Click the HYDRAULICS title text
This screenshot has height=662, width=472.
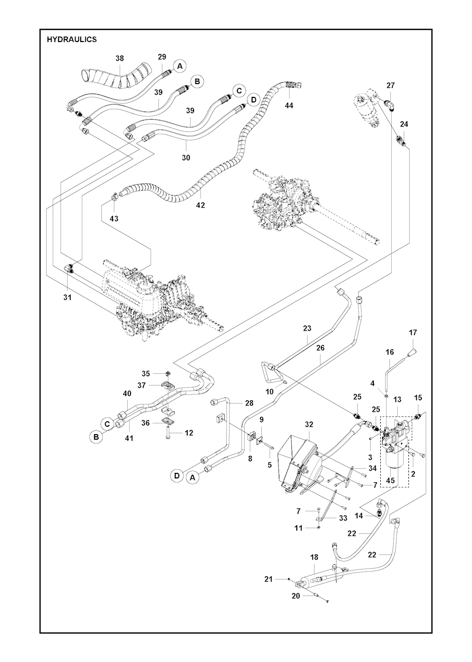point(71,40)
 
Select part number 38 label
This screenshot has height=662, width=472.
point(119,59)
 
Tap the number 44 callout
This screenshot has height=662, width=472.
point(289,106)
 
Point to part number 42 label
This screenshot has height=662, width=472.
point(200,205)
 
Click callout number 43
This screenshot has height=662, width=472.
point(114,218)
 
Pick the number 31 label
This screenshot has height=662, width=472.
point(67,298)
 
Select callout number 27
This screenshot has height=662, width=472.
point(390,85)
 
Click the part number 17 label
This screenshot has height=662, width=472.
point(413,332)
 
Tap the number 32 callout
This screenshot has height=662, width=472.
point(309,424)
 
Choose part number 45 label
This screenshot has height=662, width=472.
point(390,480)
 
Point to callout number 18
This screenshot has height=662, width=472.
point(314,557)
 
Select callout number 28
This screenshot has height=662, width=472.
point(249,403)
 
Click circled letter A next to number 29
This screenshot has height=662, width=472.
point(180,66)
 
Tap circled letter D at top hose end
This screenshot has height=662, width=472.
point(253,100)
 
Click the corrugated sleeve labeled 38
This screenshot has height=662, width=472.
point(115,77)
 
